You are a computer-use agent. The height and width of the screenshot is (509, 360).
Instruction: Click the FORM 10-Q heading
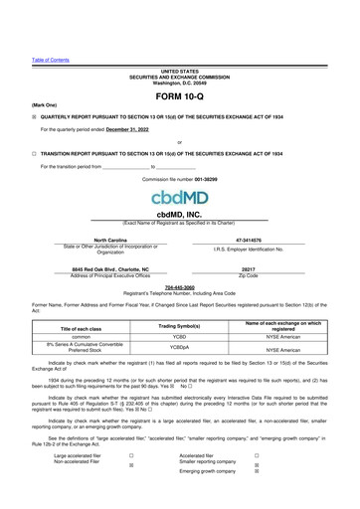click(x=179, y=98)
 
